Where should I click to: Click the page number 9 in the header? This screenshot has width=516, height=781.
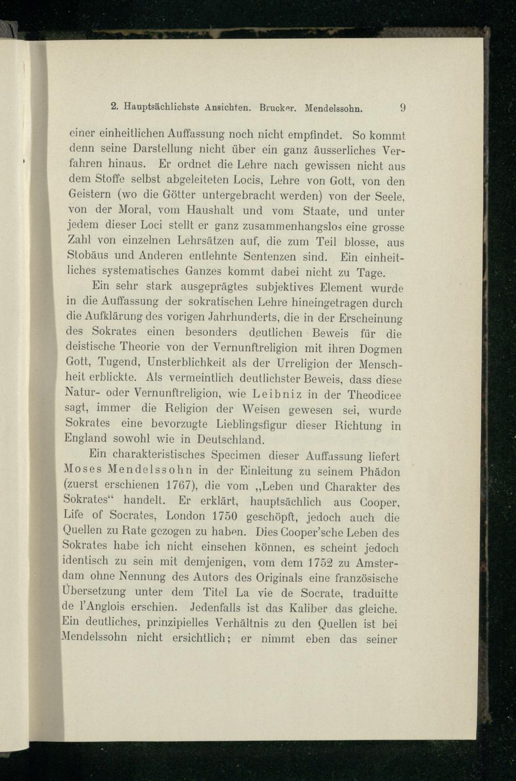click(403, 109)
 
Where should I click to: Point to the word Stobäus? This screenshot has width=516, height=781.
click(89, 256)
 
